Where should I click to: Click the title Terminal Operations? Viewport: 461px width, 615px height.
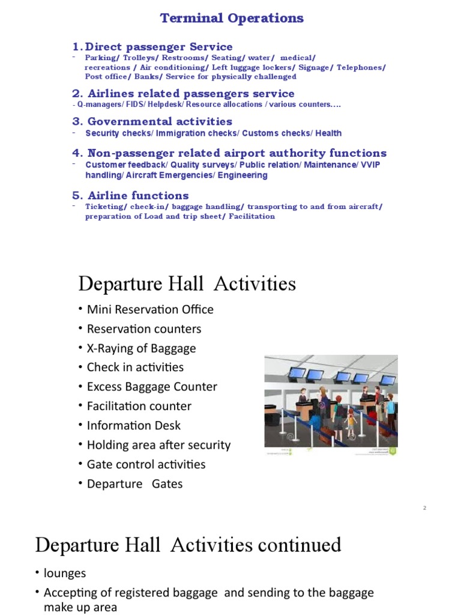(x=232, y=18)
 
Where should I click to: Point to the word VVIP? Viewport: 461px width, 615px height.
(x=370, y=165)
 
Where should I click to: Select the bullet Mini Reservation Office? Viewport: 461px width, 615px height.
(x=149, y=309)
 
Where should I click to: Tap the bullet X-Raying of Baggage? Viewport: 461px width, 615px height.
(x=141, y=348)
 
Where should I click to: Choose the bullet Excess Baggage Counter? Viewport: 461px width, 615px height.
(x=151, y=387)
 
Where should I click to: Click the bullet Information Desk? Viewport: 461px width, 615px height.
(x=133, y=425)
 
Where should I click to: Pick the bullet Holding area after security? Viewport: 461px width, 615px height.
(x=158, y=445)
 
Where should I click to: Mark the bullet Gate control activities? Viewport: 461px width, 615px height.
(x=146, y=464)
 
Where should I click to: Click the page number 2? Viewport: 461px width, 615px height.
(x=424, y=508)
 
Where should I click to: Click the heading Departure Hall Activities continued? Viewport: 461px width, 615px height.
(x=188, y=545)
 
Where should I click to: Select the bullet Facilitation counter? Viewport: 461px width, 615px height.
(x=139, y=406)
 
